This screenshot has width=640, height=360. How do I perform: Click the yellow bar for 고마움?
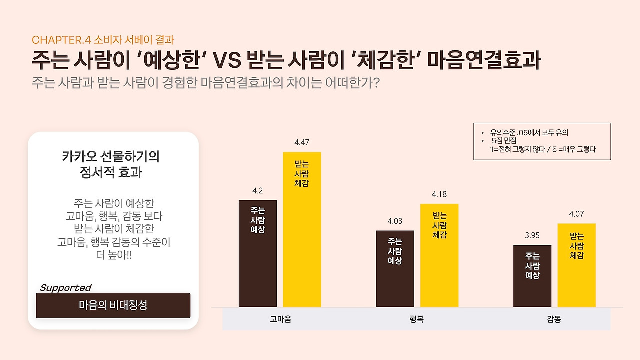tap(302, 230)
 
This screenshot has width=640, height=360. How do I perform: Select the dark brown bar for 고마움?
tap(258, 254)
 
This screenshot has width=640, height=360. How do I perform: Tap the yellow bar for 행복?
tap(439, 255)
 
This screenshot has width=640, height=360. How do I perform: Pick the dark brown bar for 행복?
tap(395, 269)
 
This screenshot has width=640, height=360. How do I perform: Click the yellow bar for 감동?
tap(576, 265)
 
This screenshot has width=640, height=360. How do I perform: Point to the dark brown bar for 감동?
tap(532, 276)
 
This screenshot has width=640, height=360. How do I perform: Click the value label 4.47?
tap(302, 142)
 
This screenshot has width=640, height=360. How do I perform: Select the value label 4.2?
tap(258, 190)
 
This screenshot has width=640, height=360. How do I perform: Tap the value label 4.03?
tap(395, 221)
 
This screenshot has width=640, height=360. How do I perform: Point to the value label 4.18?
tap(439, 194)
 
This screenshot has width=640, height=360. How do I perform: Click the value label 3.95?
tap(532, 235)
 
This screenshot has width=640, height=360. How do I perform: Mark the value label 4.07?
tap(576, 214)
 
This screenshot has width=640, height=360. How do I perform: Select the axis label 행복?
tap(416, 319)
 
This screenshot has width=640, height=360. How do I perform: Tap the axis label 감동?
tap(554, 319)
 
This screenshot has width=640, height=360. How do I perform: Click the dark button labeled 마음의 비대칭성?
tap(113, 305)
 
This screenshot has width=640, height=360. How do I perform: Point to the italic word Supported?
tap(65, 288)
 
